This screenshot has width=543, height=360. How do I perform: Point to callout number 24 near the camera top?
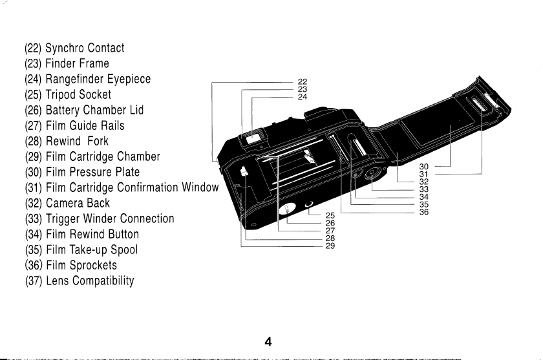pyautogui.click(x=302, y=97)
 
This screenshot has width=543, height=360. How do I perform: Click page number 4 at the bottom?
pyautogui.click(x=267, y=343)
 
